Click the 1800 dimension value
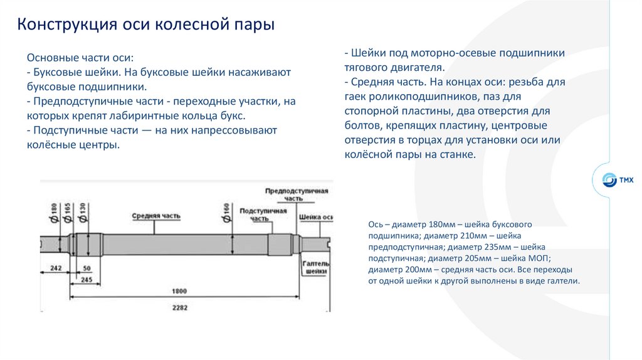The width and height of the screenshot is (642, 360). (x=181, y=291)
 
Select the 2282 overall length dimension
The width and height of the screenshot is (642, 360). (x=181, y=307)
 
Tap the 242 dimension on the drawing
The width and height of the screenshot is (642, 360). (x=56, y=268)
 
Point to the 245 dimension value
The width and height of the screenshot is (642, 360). (x=87, y=280)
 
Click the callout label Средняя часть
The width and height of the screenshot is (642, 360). (x=156, y=216)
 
